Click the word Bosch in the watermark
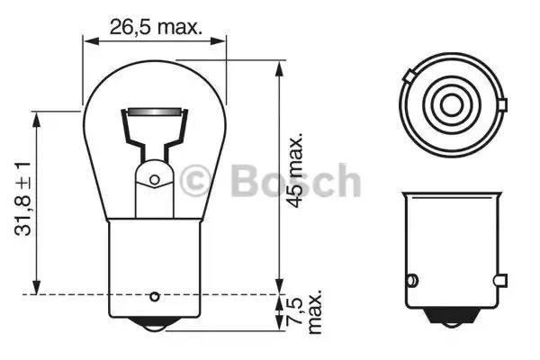click(294, 181)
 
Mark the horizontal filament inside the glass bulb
click(154, 113)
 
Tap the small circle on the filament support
click(154, 179)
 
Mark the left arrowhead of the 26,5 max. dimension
click(87, 39)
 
